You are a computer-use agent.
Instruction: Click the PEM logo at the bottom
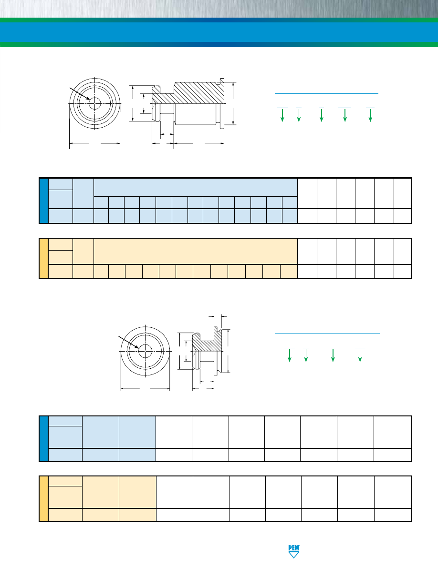pos(294,551)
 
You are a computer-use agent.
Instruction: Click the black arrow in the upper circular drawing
pos(80,93)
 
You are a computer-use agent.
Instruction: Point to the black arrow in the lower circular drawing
pos(129,342)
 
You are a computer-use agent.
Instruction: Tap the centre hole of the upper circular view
pos(94,103)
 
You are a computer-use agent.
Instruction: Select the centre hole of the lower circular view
pos(145,351)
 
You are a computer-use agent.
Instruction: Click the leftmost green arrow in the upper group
pos(282,115)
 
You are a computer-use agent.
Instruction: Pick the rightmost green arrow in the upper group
pos(370,115)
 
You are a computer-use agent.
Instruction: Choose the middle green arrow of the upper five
pos(321,115)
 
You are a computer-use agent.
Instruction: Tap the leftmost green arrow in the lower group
pos(290,355)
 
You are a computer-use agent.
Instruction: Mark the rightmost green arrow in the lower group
pos(360,355)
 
